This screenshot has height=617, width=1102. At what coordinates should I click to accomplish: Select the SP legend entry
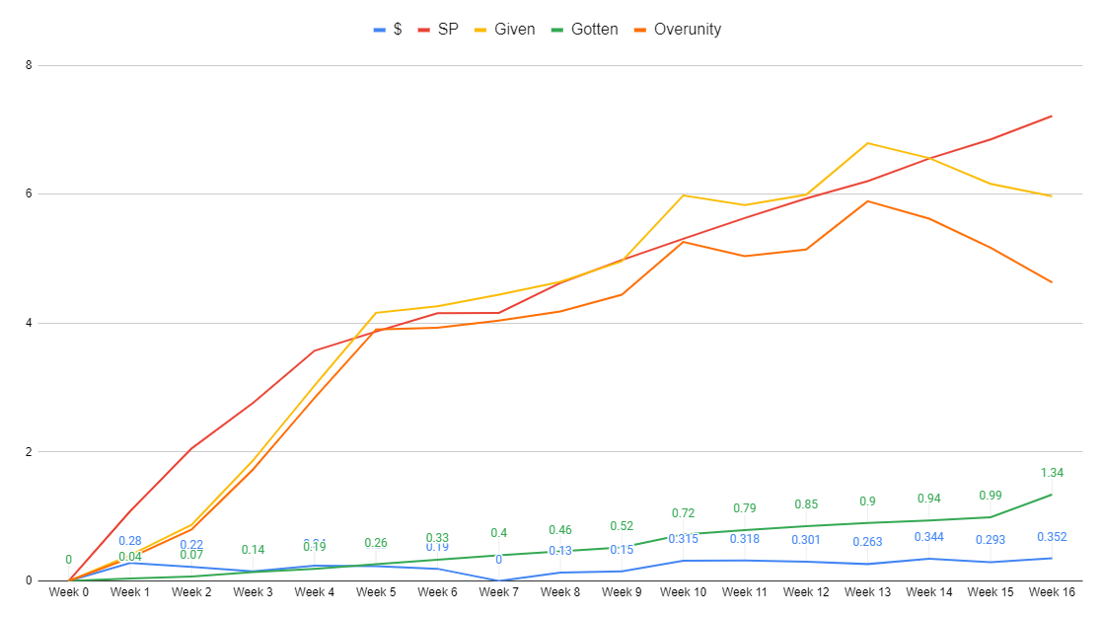click(436, 30)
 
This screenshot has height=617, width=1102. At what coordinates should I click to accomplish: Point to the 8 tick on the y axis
click(29, 65)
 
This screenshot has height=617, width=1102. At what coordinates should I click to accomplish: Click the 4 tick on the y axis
click(29, 323)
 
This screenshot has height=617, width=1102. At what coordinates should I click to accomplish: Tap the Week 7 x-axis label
click(498, 592)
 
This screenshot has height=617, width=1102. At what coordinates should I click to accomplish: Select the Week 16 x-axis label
click(1052, 592)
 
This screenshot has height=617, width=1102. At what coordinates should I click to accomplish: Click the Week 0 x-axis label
click(68, 592)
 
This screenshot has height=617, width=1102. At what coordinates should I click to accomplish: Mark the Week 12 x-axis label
click(806, 592)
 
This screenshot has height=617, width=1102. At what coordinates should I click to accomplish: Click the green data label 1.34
click(1052, 473)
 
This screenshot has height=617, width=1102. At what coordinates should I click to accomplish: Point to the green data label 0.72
click(684, 513)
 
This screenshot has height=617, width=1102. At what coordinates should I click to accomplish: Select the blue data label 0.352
click(1052, 537)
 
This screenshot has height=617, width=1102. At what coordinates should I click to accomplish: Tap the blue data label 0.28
click(130, 541)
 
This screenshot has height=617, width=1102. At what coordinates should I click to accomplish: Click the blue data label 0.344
click(929, 537)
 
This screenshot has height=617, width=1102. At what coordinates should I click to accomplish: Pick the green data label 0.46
click(560, 530)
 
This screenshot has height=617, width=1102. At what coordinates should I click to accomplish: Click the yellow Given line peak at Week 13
click(867, 143)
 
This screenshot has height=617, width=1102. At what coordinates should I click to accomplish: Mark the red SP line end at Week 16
click(1052, 116)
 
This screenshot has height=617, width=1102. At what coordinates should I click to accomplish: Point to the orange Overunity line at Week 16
click(1052, 282)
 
